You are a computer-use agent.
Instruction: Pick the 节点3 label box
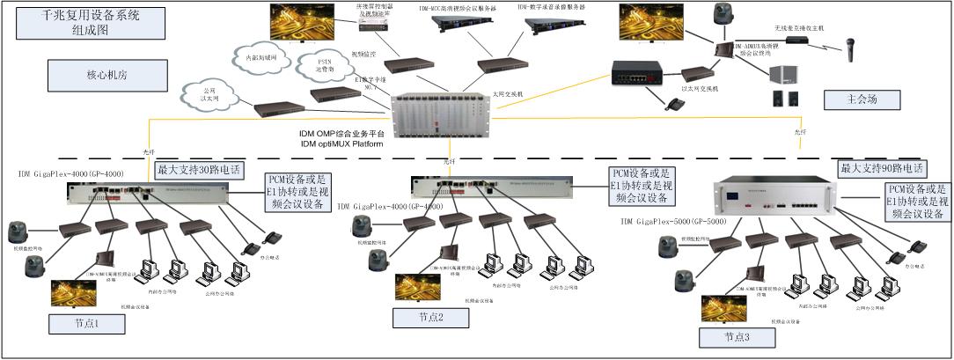click(x=736, y=337)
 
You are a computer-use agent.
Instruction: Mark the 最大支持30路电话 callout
click(x=198, y=169)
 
